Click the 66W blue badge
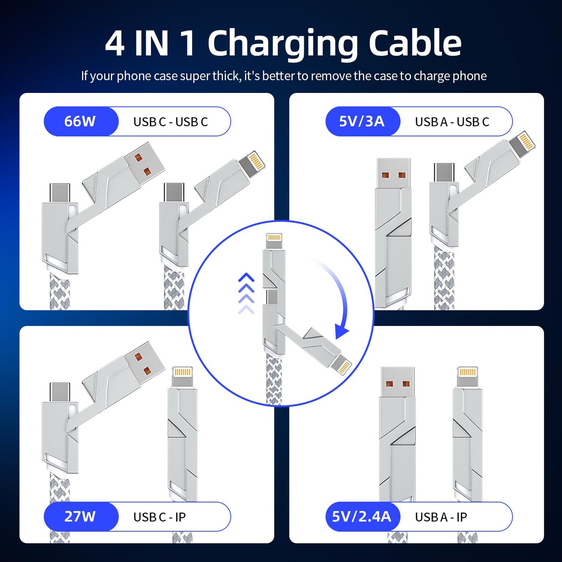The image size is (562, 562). point(80,121)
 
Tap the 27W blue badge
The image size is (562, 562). point(80,516)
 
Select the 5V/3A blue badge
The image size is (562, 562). point(362,121)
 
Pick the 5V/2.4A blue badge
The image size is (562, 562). point(362,516)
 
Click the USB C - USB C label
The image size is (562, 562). point(170,122)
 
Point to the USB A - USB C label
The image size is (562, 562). point(452,122)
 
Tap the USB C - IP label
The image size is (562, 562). point(159,517)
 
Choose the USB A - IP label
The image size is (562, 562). point(441,517)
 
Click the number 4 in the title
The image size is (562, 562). point(115,44)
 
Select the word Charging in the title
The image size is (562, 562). point(282,44)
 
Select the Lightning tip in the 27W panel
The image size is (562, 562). point(182,376)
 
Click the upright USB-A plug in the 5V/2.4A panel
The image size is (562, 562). point(397,381)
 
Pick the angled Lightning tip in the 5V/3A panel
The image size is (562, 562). point(523,143)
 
